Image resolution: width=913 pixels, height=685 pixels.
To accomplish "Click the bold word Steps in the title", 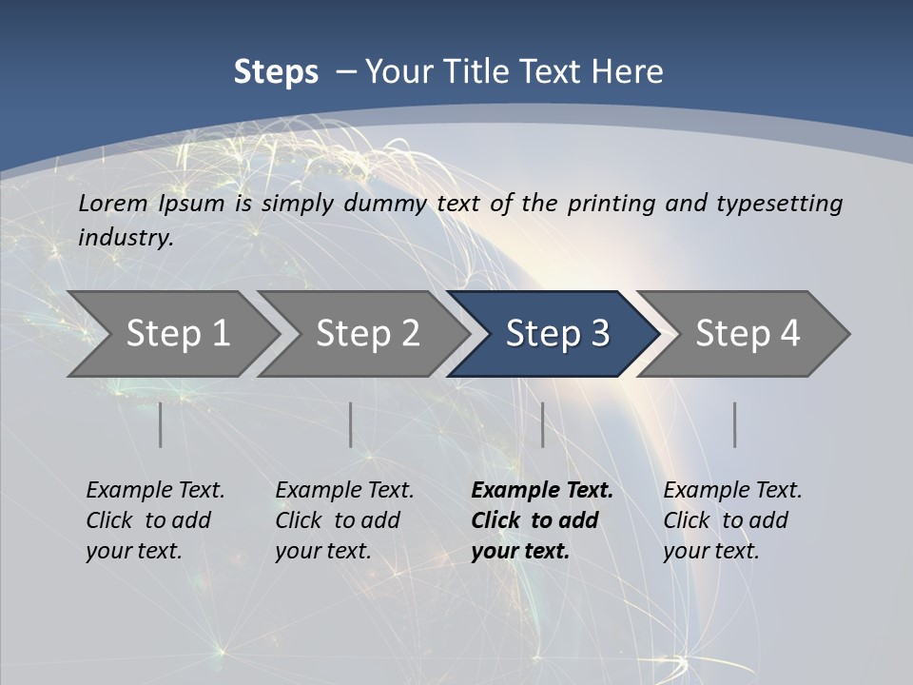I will point(276,71).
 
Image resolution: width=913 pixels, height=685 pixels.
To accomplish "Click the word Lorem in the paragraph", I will point(113,203).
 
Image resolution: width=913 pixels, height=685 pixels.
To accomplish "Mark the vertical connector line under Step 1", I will point(160,424).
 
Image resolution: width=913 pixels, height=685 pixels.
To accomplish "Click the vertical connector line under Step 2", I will point(351,424).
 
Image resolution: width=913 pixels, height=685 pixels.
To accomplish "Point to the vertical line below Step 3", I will point(542,424).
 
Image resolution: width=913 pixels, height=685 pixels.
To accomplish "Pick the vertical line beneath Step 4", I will point(734,424).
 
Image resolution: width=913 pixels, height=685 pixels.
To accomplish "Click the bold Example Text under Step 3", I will point(542,491).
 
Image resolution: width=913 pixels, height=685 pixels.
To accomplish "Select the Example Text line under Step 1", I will point(155,491).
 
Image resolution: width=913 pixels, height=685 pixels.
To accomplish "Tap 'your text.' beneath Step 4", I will point(710,552).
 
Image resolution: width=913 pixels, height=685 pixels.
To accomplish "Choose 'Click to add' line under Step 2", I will point(338,520).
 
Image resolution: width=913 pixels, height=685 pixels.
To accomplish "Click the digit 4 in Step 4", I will point(788,334).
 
